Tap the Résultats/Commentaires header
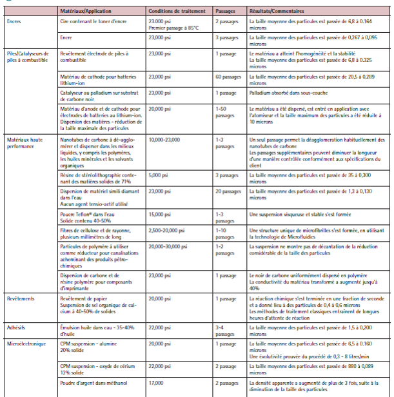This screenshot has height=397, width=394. (x=281, y=12)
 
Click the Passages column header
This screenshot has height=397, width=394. (x=225, y=12)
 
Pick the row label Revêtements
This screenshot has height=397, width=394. (x=19, y=299)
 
